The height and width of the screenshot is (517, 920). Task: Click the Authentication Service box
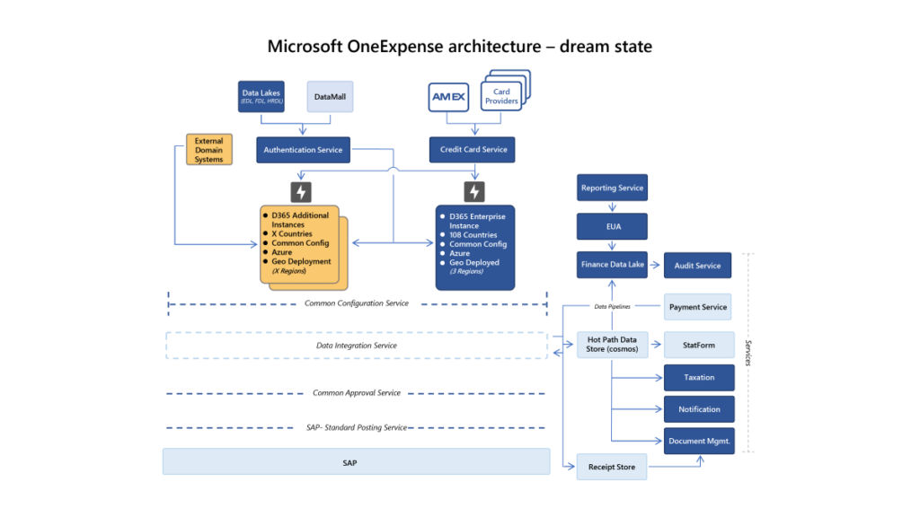coord(303,150)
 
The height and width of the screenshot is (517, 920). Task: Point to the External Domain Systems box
coord(208,149)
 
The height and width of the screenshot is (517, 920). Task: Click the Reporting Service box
coord(611,188)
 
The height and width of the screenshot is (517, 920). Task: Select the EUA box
coord(611,227)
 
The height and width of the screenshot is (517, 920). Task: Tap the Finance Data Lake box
coord(611,266)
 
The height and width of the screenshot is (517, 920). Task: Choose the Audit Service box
coord(698,266)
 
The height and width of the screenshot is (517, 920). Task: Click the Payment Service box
coord(698,307)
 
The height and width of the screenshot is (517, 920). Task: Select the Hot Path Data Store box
coord(611,345)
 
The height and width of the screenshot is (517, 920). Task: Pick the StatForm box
coord(698,345)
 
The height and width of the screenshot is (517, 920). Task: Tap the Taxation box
coord(698,378)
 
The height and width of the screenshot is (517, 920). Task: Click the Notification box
coord(698,409)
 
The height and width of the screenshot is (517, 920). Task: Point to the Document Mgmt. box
coord(698,441)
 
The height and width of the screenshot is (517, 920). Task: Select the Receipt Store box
coord(611,467)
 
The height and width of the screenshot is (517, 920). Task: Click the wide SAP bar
coord(356,461)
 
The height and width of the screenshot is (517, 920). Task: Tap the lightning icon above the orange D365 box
coord(302,191)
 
